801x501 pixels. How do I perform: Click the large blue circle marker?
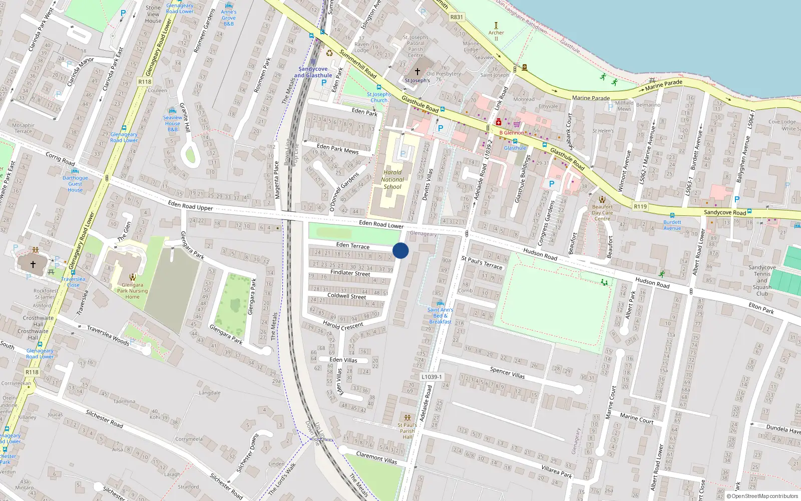(x=400, y=250)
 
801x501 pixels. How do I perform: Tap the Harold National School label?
(x=392, y=179)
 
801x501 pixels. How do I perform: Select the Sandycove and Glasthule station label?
(x=313, y=72)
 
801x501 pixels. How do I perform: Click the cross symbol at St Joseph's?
(x=417, y=72)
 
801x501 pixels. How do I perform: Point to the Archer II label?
(x=496, y=36)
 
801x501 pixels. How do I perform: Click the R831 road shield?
(x=457, y=17)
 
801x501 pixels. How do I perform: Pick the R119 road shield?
(x=640, y=206)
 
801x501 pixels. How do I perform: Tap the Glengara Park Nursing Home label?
(x=132, y=291)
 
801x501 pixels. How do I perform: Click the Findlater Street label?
(x=350, y=273)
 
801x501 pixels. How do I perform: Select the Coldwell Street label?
(x=347, y=296)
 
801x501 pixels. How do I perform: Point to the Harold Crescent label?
(x=343, y=326)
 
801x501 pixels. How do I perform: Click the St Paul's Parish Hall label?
(x=407, y=431)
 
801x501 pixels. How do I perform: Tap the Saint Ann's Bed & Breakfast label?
(x=440, y=316)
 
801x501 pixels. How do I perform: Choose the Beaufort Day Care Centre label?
(x=602, y=212)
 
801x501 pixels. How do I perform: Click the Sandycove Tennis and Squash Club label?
(x=762, y=281)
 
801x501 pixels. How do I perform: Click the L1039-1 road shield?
(x=431, y=377)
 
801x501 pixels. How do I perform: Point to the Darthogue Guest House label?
(x=75, y=184)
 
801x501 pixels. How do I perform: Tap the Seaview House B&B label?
(x=173, y=123)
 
